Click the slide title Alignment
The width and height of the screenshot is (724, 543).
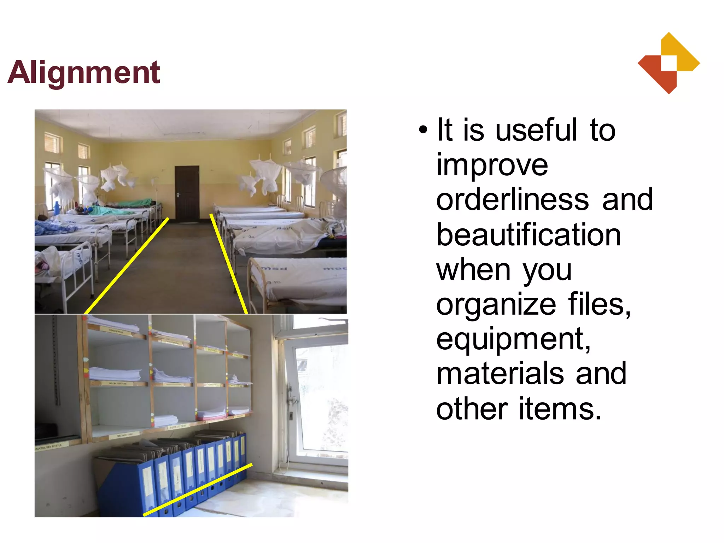[84, 72]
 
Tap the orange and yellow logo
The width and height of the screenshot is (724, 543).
[668, 63]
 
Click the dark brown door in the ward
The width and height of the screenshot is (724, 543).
[187, 194]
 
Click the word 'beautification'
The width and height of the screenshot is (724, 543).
[529, 235]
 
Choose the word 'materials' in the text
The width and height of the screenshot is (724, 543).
[500, 373]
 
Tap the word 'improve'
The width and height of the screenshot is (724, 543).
[492, 165]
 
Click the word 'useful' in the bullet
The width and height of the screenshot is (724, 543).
[536, 130]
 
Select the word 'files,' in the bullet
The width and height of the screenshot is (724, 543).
[599, 304]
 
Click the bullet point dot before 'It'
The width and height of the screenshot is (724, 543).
[423, 130]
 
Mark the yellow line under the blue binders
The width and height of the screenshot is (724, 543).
[198, 490]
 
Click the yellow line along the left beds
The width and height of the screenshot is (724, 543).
[127, 266]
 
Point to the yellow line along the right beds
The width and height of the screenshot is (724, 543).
[229, 263]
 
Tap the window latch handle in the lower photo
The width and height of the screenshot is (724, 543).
[292, 399]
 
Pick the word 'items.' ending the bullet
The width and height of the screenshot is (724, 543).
[560, 409]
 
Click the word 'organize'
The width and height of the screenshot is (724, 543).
[496, 304]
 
